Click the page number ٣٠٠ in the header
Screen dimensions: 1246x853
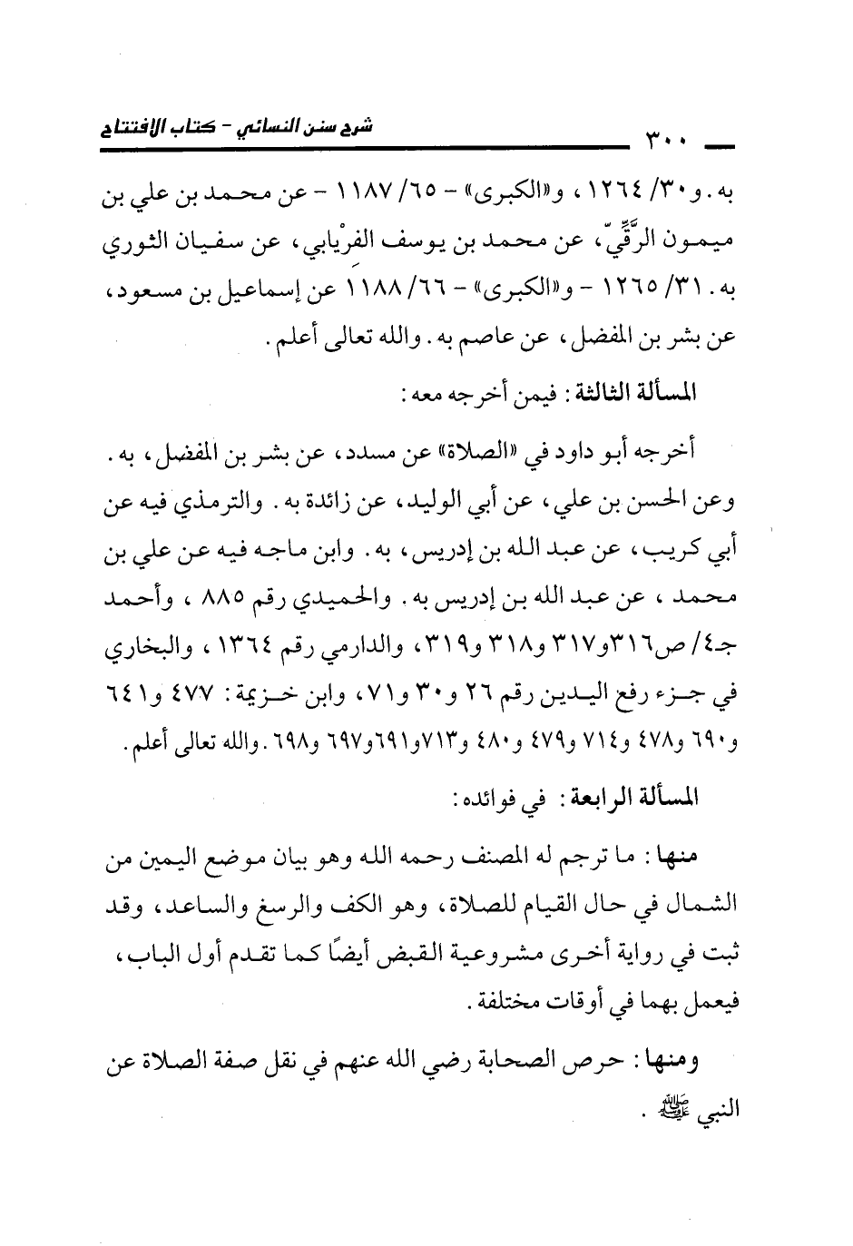pos(667,142)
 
